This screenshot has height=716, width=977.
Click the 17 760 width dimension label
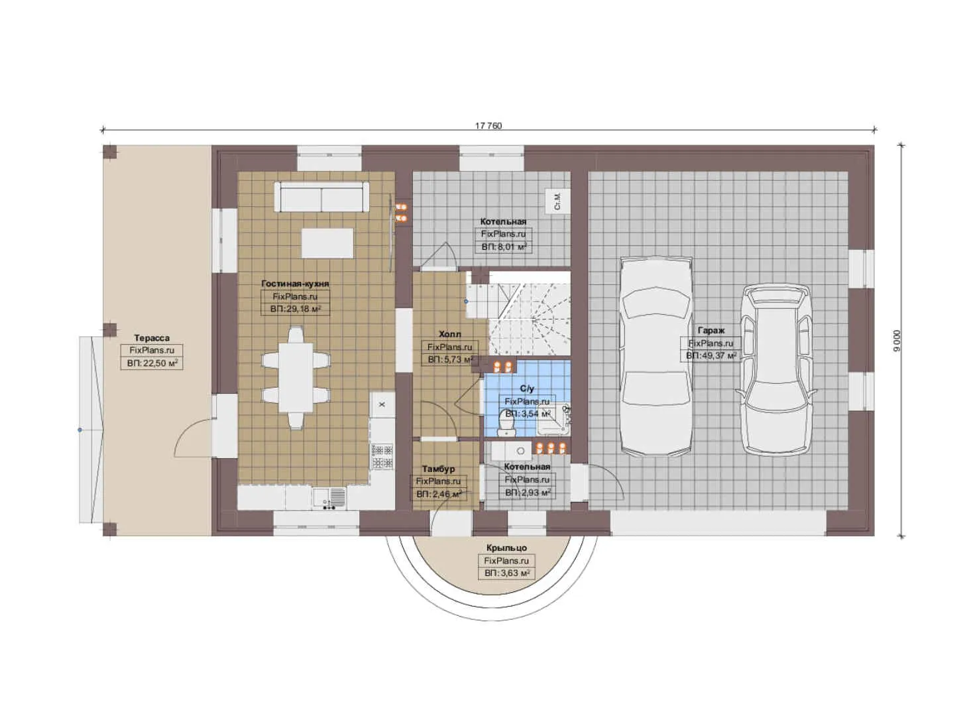click(488, 126)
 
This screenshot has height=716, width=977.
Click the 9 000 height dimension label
click(897, 340)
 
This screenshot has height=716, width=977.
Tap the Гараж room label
click(711, 330)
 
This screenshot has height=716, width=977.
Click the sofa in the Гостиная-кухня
click(321, 198)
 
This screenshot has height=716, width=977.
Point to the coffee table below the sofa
click(327, 243)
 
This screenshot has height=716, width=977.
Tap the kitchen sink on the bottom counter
click(329, 497)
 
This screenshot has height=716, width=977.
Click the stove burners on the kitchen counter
click(381, 457)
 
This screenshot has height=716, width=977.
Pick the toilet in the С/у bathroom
click(507, 422)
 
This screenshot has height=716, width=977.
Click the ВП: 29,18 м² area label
click(295, 309)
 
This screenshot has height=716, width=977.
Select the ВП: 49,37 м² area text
click(711, 356)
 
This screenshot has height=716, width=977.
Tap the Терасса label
click(151, 338)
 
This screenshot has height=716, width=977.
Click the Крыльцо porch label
click(506, 548)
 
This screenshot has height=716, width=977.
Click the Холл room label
click(449, 334)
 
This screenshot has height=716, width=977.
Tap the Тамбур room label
click(438, 469)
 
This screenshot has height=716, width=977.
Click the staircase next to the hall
click(528, 310)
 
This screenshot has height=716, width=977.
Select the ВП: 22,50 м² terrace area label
click(151, 363)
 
